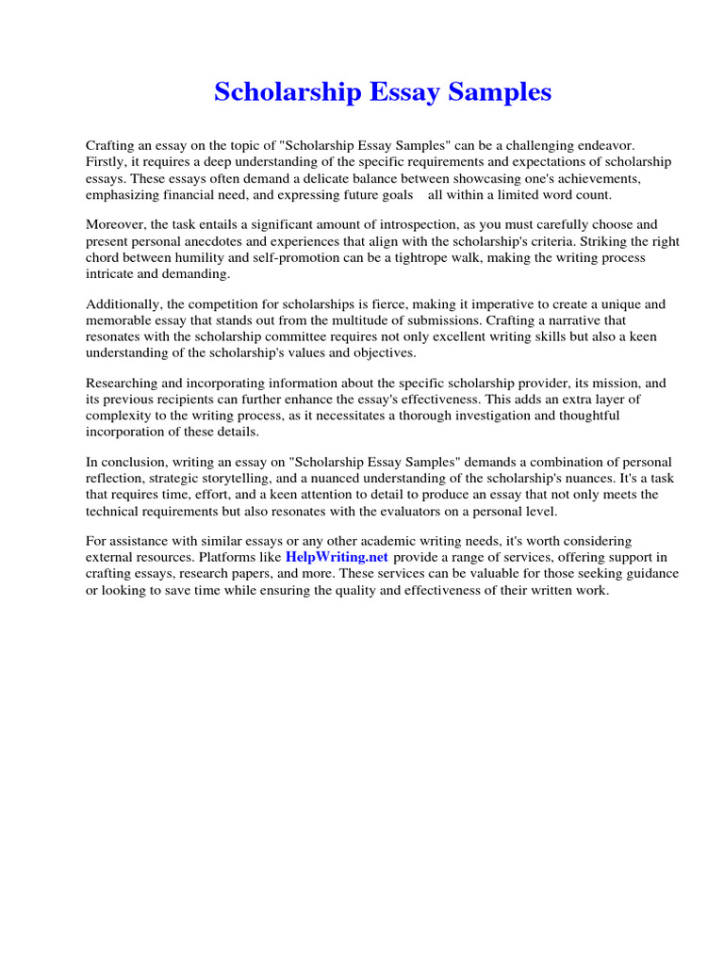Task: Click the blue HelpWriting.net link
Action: click(337, 557)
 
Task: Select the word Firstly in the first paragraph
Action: click(107, 162)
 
